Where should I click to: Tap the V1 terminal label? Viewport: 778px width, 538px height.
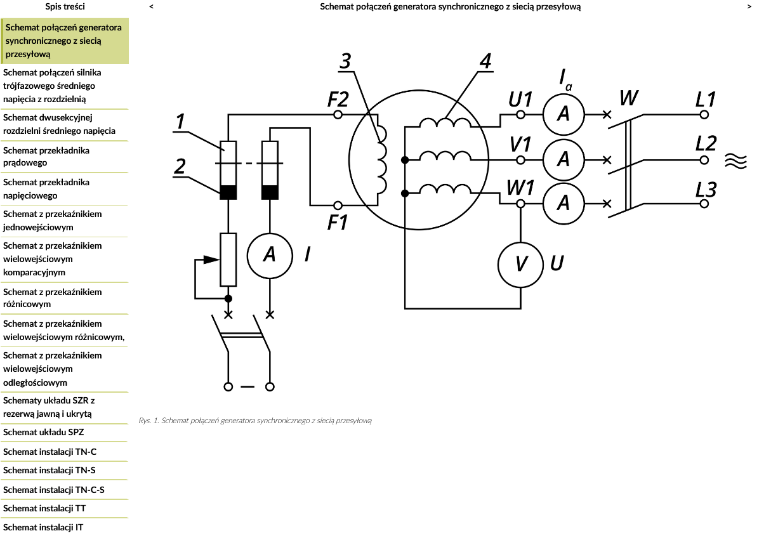(520, 144)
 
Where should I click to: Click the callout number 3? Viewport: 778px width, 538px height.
(345, 61)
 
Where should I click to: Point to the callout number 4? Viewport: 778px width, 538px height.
(485, 61)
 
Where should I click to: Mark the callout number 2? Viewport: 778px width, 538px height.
(180, 166)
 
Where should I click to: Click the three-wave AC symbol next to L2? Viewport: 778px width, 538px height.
(735, 161)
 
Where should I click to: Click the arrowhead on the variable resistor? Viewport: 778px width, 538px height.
(211, 259)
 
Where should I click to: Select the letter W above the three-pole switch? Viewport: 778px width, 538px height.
(629, 98)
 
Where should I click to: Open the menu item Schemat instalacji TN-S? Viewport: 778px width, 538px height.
(49, 470)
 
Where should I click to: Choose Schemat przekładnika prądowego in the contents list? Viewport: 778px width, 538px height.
(46, 156)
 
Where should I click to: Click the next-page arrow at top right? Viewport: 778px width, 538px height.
(749, 6)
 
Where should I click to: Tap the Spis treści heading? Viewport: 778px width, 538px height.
(65, 6)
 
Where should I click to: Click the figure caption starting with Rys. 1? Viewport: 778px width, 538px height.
(255, 421)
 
